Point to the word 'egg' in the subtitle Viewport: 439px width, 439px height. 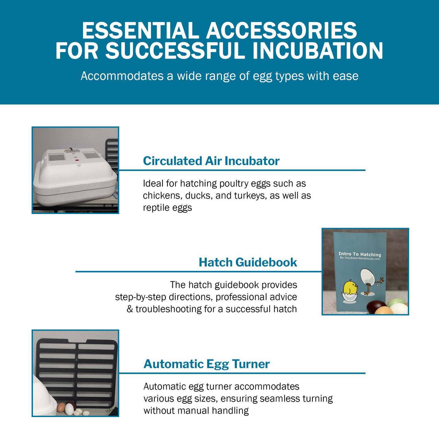262,76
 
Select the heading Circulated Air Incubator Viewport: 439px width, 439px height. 211,161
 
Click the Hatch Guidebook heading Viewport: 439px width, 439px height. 248,262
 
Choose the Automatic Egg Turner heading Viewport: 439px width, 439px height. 206,364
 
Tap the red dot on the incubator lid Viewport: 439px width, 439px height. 77,160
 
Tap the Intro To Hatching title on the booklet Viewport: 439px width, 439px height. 359,254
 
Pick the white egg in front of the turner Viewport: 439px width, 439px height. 70,408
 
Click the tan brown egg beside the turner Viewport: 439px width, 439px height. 61,407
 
